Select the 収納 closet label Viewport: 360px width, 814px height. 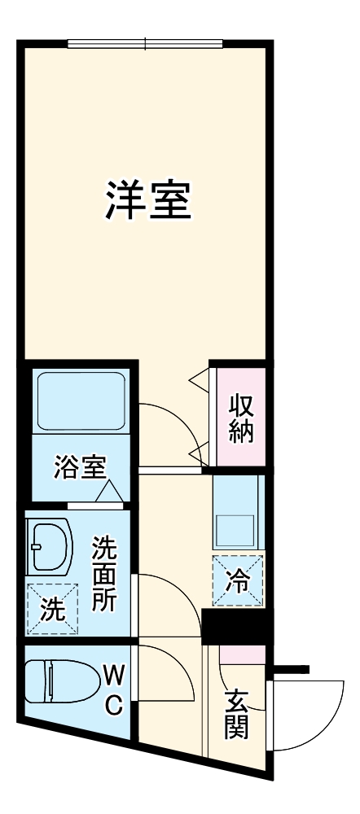point(239,418)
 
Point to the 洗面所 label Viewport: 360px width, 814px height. point(103,574)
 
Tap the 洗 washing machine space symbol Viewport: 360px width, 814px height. point(52,610)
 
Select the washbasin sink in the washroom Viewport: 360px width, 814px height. point(48,547)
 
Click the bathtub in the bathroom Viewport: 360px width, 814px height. point(79,401)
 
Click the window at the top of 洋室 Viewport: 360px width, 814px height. point(145,43)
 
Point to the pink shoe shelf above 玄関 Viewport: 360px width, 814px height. point(242,653)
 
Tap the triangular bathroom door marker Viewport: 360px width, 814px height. point(108,492)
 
